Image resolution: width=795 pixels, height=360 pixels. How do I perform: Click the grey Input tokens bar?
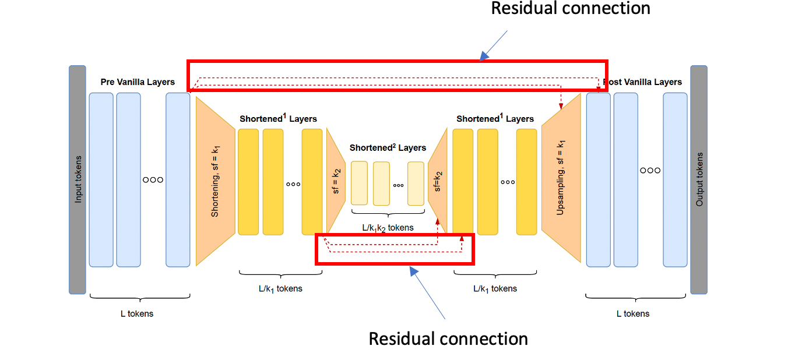(78, 179)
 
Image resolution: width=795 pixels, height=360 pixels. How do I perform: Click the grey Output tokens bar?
(699, 179)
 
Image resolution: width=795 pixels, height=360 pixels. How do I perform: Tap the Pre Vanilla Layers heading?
(138, 82)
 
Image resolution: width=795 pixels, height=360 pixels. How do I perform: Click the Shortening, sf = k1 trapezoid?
(215, 181)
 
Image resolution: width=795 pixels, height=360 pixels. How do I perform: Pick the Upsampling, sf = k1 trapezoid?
(561, 178)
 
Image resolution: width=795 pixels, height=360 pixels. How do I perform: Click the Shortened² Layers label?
(388, 148)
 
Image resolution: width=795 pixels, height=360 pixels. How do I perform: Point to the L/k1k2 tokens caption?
(388, 227)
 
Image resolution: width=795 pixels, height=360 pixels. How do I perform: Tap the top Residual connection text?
(570, 9)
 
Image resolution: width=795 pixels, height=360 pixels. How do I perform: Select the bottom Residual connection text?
(448, 338)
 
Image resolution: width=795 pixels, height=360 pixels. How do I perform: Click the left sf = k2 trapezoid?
(335, 182)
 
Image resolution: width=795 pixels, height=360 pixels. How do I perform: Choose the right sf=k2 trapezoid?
(437, 182)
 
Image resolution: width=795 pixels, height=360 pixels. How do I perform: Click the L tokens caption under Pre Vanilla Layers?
(137, 313)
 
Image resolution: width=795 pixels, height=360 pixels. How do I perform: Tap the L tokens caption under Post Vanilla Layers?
(633, 313)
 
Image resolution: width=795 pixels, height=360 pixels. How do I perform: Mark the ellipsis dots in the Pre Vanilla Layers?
(153, 179)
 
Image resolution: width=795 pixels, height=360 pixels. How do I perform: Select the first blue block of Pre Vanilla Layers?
(101, 179)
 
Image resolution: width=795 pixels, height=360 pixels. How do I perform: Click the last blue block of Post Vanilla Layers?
(675, 179)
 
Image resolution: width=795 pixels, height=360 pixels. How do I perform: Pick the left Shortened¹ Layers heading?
(278, 119)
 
